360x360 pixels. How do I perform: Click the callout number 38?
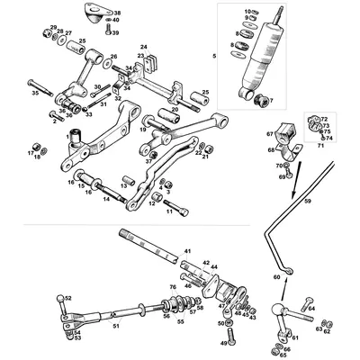click(117, 13)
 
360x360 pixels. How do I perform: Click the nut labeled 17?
click(36, 148)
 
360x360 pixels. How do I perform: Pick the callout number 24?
click(143, 46)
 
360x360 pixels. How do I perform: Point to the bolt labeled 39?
click(104, 33)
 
